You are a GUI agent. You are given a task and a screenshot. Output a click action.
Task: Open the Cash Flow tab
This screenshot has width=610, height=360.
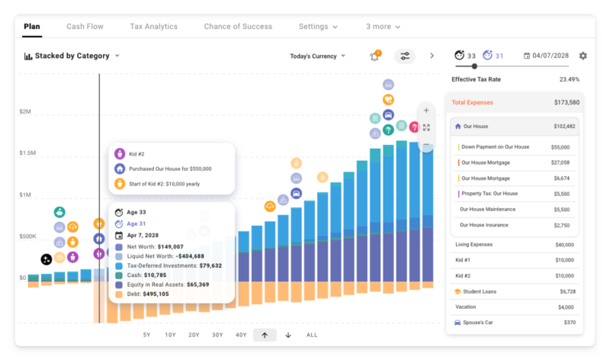[85, 27]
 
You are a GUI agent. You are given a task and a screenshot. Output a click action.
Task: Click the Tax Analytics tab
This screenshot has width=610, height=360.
[153, 27]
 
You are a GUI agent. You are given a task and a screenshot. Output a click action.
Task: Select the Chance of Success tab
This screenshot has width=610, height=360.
[238, 27]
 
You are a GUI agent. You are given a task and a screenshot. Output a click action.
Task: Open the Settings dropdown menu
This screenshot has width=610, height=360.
[318, 27]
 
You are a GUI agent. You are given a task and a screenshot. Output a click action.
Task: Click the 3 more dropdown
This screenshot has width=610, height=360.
[384, 27]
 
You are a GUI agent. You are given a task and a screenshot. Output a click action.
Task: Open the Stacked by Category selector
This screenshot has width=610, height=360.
[72, 56]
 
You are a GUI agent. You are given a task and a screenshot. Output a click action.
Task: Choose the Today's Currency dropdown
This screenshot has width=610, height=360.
[318, 56]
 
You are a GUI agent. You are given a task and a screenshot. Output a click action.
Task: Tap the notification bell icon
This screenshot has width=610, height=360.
[374, 56]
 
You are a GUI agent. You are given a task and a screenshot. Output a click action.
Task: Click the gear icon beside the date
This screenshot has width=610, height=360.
[583, 56]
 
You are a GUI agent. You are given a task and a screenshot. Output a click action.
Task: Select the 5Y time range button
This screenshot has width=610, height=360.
[146, 335]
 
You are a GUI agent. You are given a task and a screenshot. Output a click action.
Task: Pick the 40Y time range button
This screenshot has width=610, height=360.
[241, 335]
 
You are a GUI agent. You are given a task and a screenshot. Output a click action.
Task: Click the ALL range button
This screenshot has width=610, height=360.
[312, 335]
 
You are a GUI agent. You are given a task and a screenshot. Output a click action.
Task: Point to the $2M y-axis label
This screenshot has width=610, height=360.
[25, 112]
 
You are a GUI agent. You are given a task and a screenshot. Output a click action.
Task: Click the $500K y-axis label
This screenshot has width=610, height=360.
[27, 236]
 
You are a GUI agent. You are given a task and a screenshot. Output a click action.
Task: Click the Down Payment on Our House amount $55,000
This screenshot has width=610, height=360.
[560, 146]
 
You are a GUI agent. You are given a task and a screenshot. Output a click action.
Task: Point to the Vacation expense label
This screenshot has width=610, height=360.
[467, 307]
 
